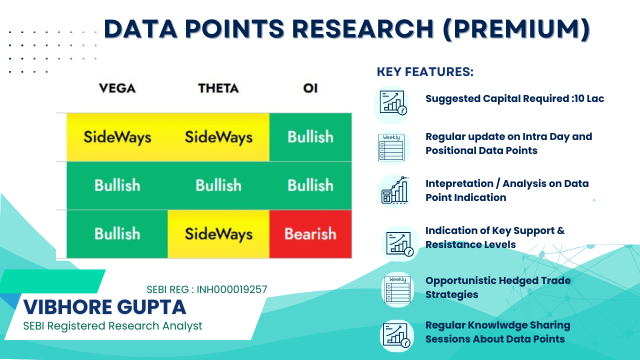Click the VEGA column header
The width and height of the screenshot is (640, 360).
click(x=117, y=88)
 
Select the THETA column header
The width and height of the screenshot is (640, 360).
click(x=218, y=88)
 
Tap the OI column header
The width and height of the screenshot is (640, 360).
click(x=310, y=88)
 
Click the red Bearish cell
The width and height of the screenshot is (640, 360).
click(x=310, y=234)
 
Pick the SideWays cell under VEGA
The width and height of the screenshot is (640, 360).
click(x=117, y=137)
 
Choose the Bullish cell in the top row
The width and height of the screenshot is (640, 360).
click(x=310, y=137)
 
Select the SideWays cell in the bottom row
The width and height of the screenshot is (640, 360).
click(x=218, y=234)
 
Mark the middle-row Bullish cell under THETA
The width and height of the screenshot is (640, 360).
click(x=218, y=185)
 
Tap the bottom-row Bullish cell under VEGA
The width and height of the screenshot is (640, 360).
click(x=117, y=234)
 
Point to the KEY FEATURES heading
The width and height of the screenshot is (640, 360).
click(x=425, y=71)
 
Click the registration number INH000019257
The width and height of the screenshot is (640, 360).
click(x=232, y=289)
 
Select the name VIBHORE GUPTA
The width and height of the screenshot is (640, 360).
click(x=104, y=307)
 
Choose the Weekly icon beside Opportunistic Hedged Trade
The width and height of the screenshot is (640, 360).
click(x=397, y=289)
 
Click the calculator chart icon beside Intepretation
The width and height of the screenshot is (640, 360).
click(x=395, y=190)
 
